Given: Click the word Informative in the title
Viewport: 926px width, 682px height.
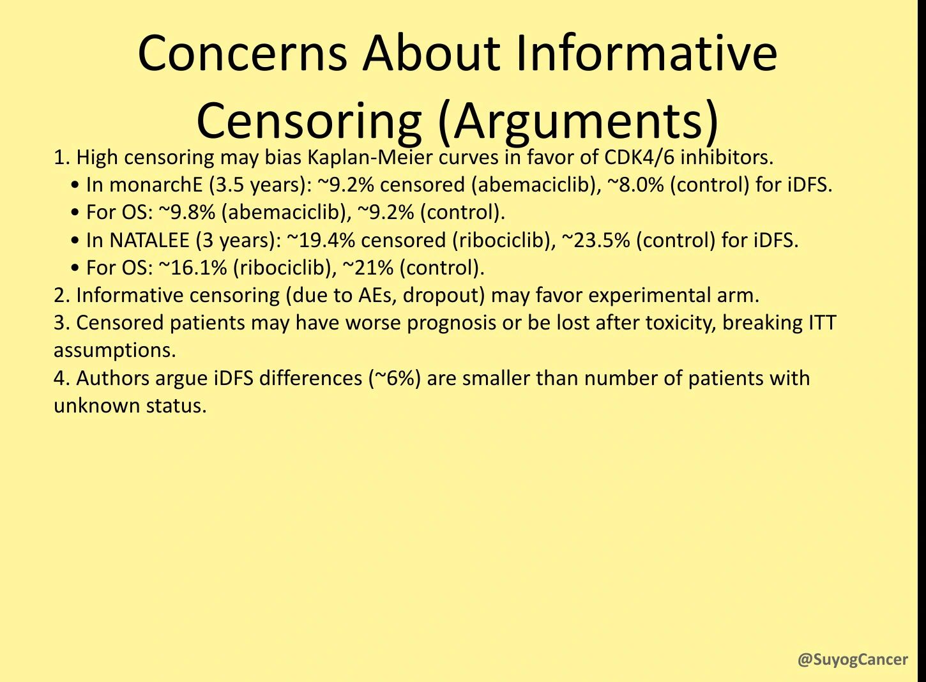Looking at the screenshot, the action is [x=646, y=53].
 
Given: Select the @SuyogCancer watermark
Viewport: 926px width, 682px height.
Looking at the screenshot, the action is [x=853, y=659].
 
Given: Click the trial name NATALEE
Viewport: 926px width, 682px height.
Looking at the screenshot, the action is [x=149, y=240].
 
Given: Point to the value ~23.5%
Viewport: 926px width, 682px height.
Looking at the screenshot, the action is [x=596, y=240].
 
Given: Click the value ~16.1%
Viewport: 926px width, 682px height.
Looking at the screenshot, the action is [x=193, y=268].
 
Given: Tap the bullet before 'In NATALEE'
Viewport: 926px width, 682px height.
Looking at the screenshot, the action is [x=75, y=241].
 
